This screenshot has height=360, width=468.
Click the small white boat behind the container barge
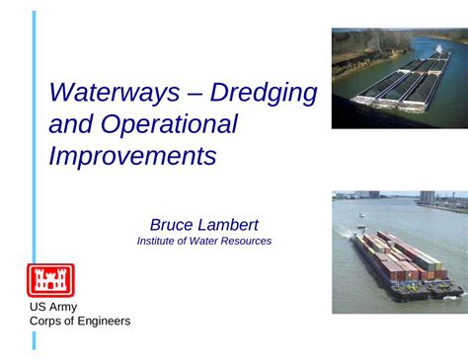pos(362,214)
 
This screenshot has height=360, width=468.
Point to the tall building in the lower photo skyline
pos(428,197)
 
